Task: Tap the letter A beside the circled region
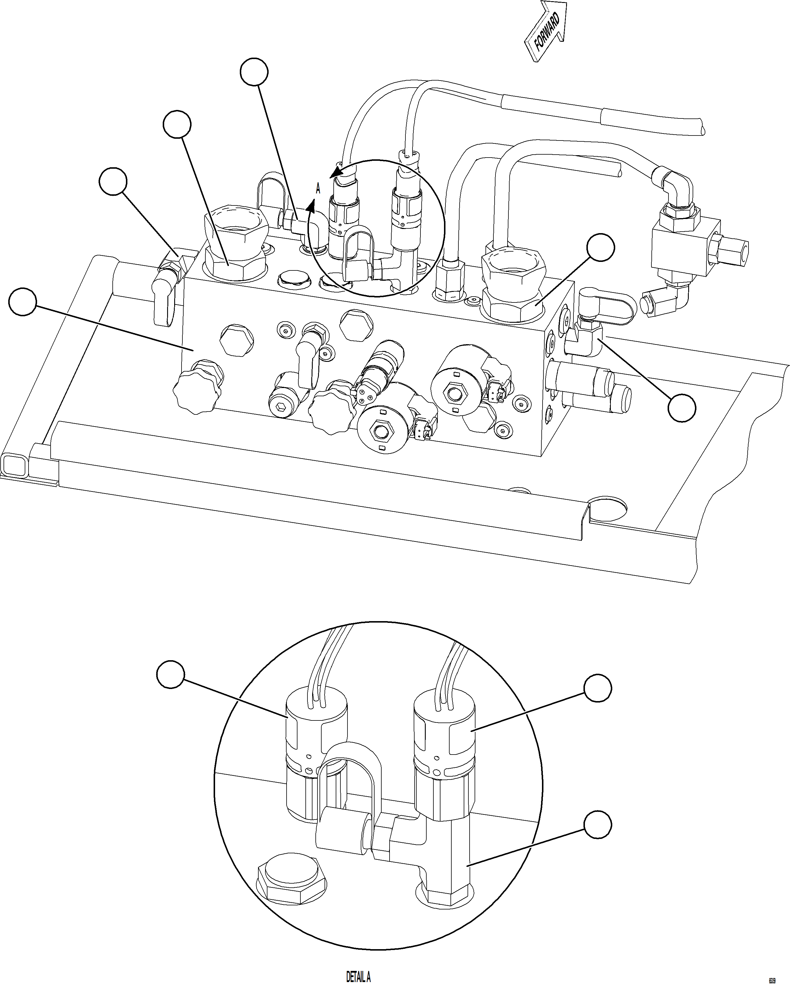click(318, 188)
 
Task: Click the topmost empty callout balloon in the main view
click(254, 72)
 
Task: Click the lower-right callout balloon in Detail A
click(598, 825)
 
